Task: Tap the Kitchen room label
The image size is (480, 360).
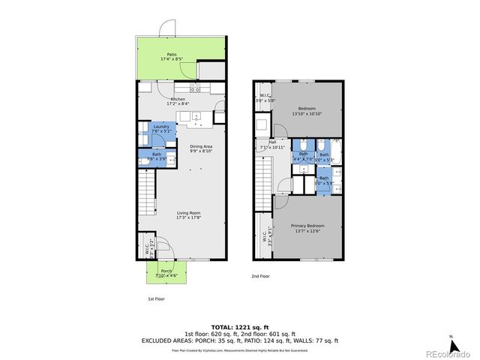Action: pos(178,101)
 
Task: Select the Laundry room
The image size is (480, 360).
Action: pos(161,129)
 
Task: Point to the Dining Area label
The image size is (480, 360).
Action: pos(201,148)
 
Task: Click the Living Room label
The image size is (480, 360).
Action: pos(188,216)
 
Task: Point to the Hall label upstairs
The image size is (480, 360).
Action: pos(272,145)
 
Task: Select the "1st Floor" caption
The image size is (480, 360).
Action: pos(155,298)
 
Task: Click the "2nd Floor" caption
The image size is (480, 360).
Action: pos(261,277)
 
